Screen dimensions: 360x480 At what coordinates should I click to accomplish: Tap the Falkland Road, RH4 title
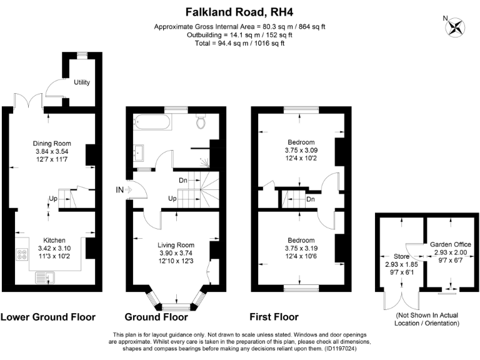(x=240, y=11)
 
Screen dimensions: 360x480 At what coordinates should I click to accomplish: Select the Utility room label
(x=81, y=82)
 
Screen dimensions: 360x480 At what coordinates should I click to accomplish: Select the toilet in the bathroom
(x=201, y=122)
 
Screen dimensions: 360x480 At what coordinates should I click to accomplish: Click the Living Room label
(x=177, y=245)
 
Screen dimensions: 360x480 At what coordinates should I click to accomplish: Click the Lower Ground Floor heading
(x=48, y=317)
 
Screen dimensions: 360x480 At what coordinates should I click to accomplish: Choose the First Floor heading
(x=274, y=317)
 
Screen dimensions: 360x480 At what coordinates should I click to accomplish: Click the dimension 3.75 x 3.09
(x=301, y=150)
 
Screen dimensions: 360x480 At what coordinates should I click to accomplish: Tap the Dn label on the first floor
(x=311, y=200)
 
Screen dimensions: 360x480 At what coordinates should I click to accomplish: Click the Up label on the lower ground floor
(x=53, y=200)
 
